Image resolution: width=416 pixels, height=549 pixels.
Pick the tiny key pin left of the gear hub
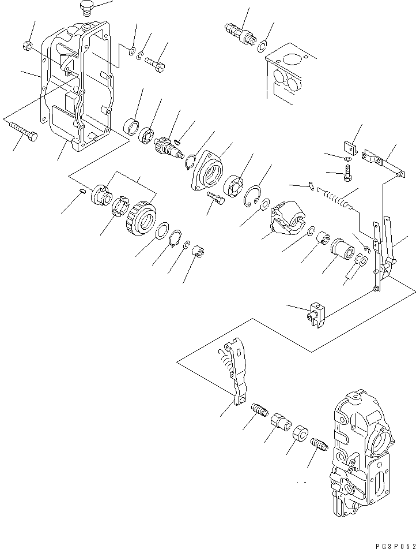83,192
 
